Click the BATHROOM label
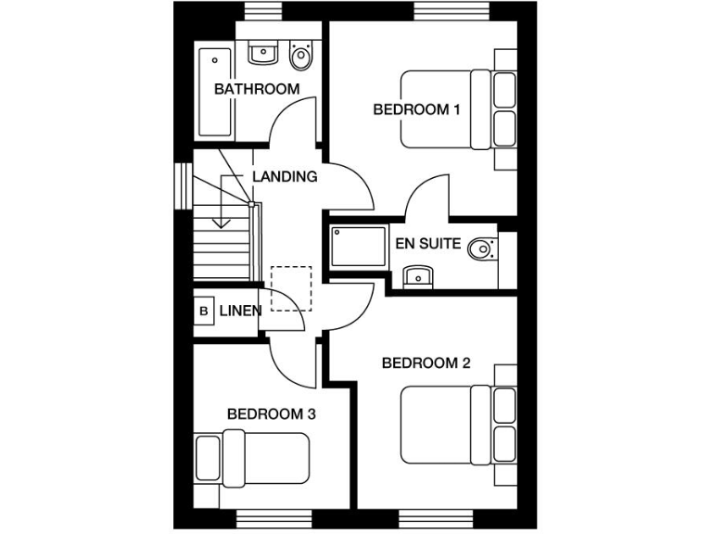pos(257,89)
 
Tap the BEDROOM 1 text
pos(417,109)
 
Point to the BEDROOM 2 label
pos(426,362)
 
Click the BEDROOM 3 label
pos(272,413)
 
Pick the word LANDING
pos(285,176)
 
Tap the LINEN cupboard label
pos(240,311)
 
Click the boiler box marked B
pos(203,311)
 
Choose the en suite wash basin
pos(418,275)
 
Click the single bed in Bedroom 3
pos(251,458)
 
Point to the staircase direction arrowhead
pos(221,222)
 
